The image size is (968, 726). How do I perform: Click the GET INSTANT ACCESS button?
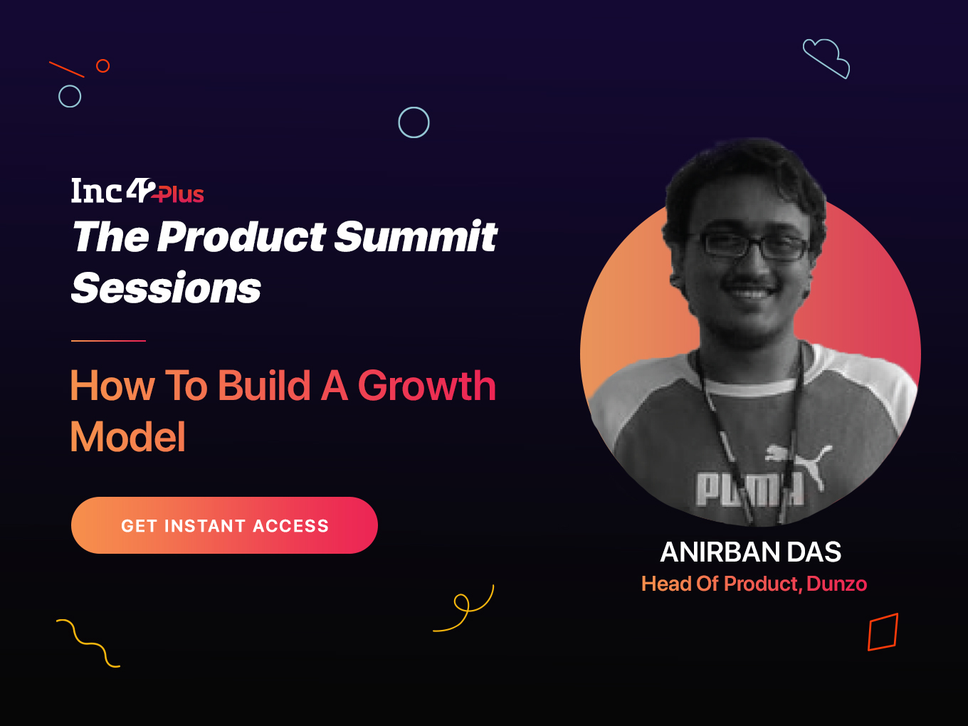224,525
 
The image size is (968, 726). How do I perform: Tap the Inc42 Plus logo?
137,191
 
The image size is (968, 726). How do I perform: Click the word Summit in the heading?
416,237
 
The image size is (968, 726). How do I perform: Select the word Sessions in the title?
166,288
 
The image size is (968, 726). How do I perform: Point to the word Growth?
427,386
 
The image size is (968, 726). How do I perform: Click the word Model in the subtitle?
128,437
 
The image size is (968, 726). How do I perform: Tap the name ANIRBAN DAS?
751,552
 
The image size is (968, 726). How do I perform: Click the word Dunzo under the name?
836,584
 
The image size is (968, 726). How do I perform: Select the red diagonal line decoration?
67,69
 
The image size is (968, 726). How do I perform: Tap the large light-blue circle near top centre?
414,107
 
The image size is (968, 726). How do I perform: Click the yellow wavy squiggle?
89,644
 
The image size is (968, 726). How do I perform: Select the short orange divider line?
108,341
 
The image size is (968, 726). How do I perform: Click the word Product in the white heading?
241,237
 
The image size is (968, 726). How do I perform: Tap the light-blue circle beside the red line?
70,85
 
